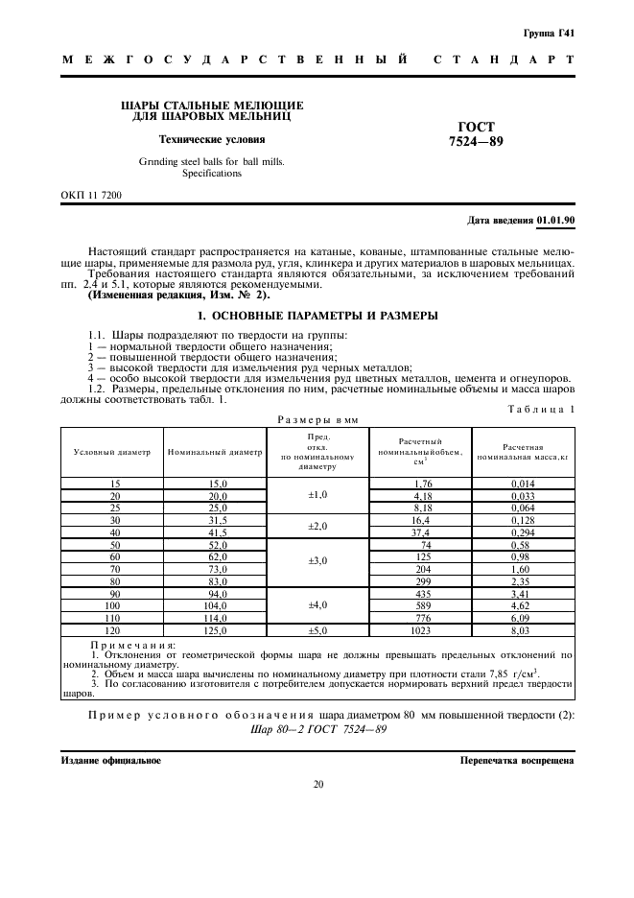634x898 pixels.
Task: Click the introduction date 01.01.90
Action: point(555,221)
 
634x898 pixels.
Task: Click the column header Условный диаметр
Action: point(112,451)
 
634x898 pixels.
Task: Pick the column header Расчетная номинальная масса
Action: point(523,452)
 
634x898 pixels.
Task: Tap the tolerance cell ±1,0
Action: point(317,495)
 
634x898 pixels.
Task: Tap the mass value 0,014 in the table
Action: point(523,483)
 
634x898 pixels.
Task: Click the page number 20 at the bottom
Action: point(317,784)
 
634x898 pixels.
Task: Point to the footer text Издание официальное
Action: point(111,760)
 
